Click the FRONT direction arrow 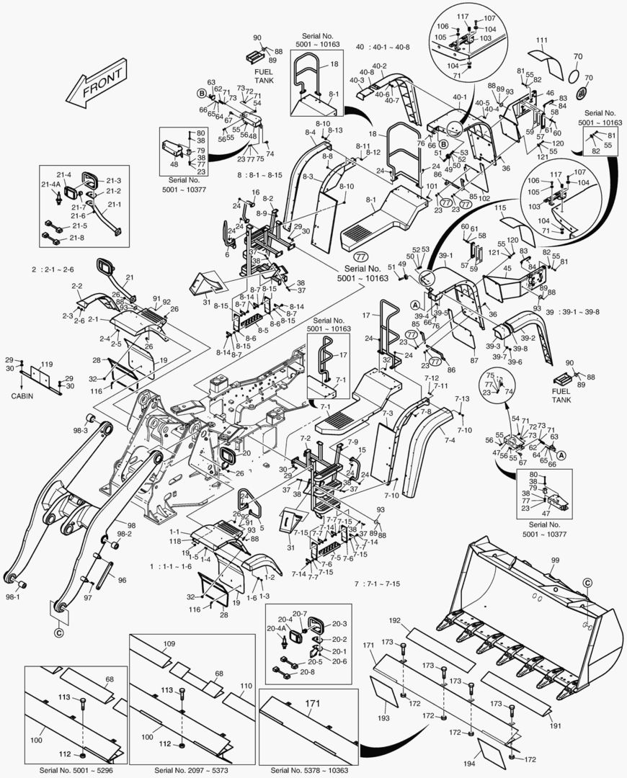[94, 81]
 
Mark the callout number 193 [384, 718]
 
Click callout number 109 [169, 643]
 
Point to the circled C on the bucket [587, 582]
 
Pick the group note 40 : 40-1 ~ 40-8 [383, 48]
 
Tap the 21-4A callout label [51, 184]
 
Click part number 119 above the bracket [47, 364]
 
